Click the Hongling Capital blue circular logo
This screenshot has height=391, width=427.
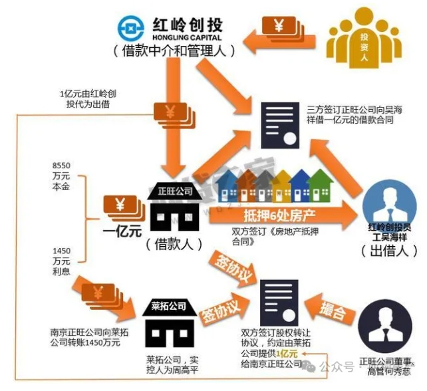coord(130,27)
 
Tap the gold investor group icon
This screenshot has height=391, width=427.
coord(362,41)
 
